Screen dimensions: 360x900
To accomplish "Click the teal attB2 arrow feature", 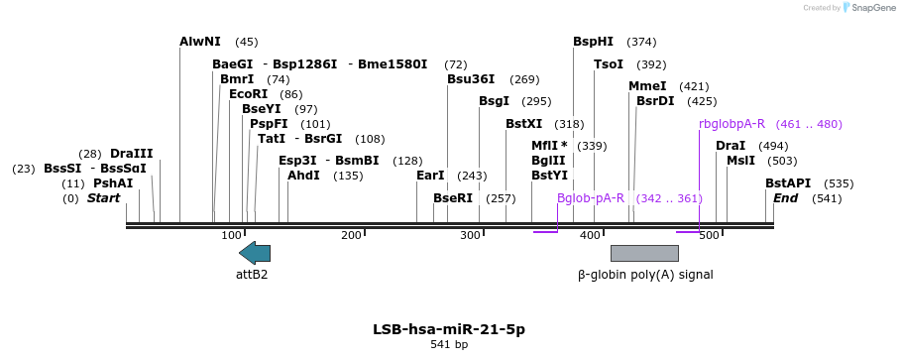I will coord(255,253).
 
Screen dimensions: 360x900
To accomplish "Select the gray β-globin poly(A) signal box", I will coord(644,253).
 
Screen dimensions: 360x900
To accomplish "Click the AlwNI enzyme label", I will coord(200,42).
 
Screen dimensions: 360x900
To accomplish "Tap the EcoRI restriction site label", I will coord(248,94).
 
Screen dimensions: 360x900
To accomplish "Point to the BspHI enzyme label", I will coord(593,42).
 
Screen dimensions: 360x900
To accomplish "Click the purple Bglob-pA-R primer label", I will coord(591,198).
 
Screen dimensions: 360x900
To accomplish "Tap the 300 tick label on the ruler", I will coord(470,235).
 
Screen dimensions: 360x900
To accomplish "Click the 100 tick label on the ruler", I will coord(231,235).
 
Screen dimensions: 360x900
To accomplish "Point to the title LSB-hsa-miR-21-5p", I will coord(449,329).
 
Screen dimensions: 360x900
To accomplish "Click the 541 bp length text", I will coord(449,345).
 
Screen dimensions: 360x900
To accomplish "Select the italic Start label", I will coord(103,198).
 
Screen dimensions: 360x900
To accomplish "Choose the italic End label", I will coord(785,198).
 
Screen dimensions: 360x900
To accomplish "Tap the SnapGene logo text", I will coord(868,8).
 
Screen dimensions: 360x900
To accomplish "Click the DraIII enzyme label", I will coord(132,154).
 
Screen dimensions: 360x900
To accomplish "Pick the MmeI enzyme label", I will coord(647,86).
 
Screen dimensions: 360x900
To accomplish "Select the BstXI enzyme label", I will coord(524,124).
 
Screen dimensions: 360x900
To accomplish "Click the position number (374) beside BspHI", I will coord(642,42).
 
